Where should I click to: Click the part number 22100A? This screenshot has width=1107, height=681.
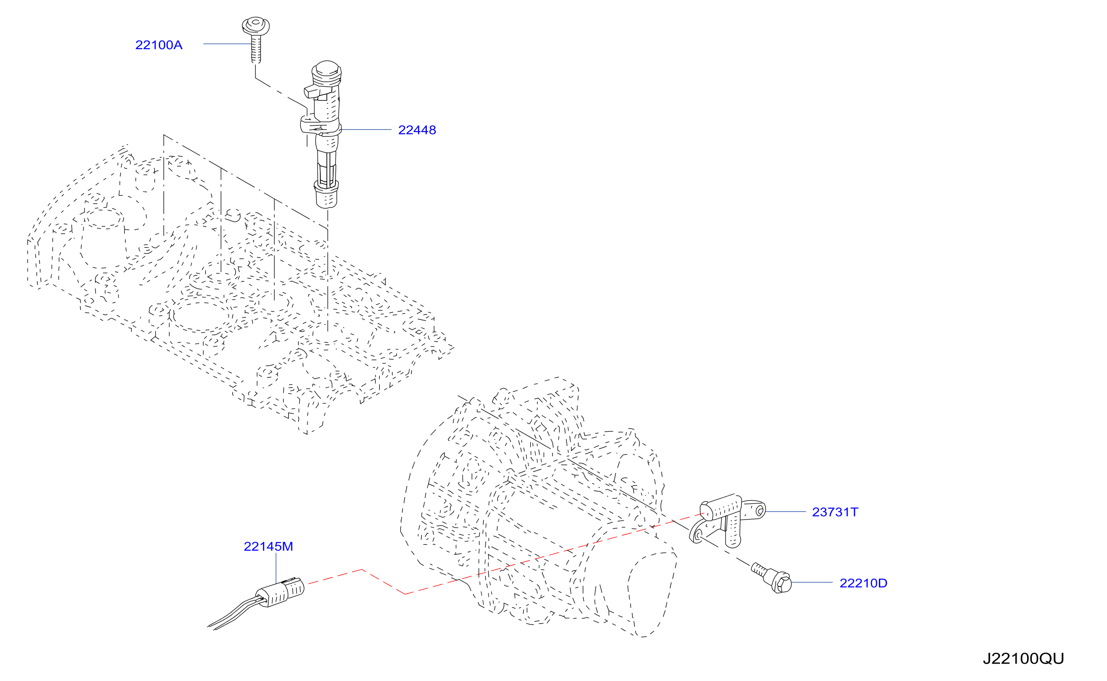[x=159, y=45]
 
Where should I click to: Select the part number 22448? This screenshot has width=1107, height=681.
[x=417, y=130]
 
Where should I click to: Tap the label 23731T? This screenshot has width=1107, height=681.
[x=835, y=512]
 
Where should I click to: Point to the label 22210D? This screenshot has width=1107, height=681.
[x=863, y=583]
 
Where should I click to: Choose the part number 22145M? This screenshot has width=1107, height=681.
[x=268, y=547]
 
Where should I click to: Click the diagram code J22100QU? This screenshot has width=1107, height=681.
[x=1023, y=659]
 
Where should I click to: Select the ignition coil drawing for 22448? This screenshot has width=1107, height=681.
[x=324, y=134]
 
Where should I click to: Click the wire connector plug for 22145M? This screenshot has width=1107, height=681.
[x=280, y=592]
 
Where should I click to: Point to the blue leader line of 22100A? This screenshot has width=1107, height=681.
[x=228, y=44]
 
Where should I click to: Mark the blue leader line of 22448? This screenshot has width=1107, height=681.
[x=366, y=130]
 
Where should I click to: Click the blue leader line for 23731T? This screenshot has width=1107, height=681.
[x=785, y=512]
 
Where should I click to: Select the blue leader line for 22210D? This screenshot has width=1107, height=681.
[x=812, y=583]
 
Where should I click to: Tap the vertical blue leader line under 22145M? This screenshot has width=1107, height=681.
[x=276, y=569]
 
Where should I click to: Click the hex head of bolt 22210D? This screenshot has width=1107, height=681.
[x=782, y=582]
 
